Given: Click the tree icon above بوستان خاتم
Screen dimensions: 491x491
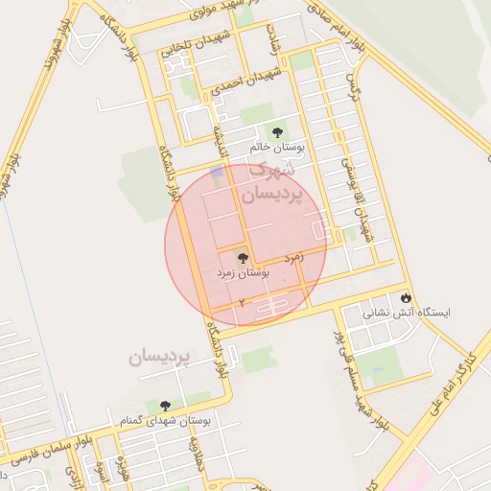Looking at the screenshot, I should click(x=277, y=132).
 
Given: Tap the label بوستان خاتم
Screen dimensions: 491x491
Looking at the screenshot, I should click(x=276, y=148).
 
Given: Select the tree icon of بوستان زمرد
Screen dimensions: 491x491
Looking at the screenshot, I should click(x=242, y=257).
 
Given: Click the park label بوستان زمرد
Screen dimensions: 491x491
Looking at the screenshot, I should click(x=243, y=273).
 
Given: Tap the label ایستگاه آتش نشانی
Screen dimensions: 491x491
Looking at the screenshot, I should click(x=406, y=313).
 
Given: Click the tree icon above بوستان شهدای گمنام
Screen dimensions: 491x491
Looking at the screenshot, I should click(x=167, y=407).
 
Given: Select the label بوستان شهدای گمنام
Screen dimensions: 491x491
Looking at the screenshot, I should click(x=183, y=421).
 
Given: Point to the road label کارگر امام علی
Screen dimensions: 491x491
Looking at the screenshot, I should click(x=457, y=377).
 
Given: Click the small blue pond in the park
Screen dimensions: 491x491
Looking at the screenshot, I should click(x=217, y=173).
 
